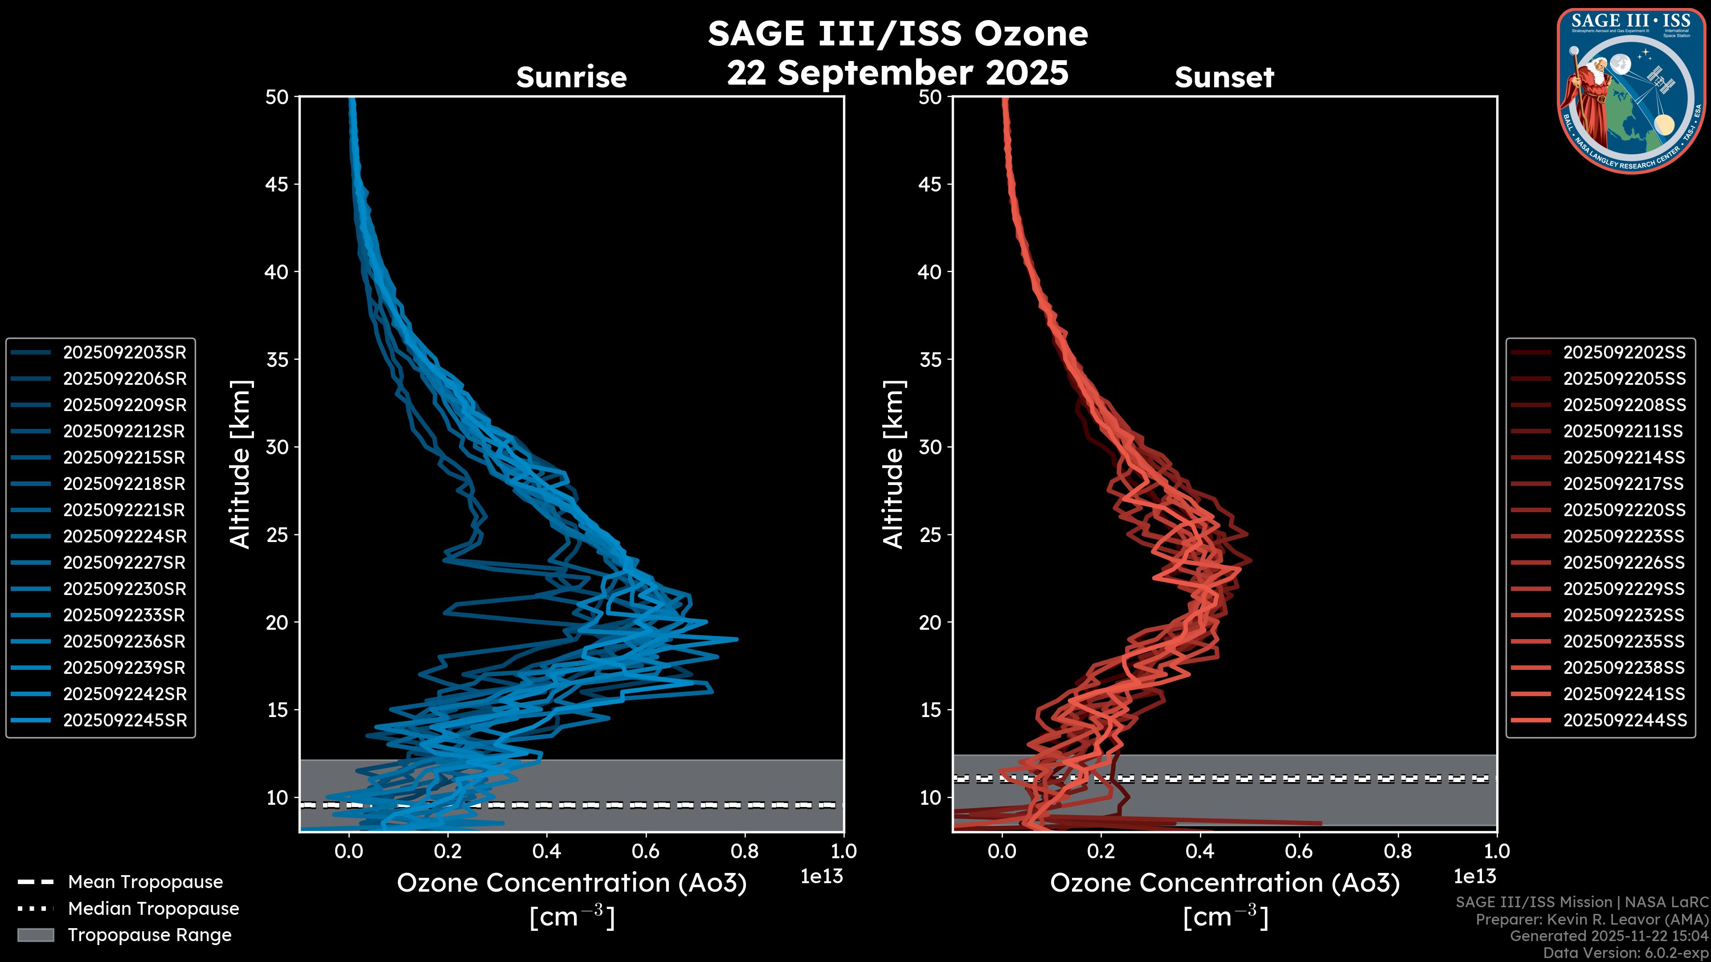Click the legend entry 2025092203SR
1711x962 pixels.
coord(124,353)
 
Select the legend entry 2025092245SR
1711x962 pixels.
coord(124,720)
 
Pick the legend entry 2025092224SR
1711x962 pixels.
coord(124,536)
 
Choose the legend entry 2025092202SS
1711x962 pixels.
coord(1624,353)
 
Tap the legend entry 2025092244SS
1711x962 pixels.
coord(1624,720)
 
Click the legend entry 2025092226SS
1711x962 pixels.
coord(1624,563)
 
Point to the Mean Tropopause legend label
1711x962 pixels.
coord(145,882)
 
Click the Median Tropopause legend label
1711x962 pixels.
coord(153,909)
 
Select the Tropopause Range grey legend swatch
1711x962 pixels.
coord(35,935)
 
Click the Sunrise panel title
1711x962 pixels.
coord(571,77)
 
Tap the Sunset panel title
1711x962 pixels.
coord(1224,77)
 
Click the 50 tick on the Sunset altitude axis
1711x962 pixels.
coord(930,98)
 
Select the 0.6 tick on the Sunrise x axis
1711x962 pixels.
coord(646,851)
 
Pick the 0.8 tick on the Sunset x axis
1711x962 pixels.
coord(1397,851)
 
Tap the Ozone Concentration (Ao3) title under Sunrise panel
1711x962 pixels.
coord(571,883)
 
